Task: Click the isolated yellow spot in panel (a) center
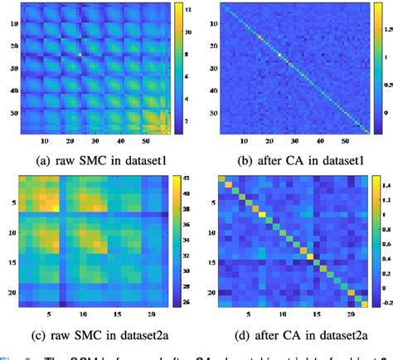(80, 56)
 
